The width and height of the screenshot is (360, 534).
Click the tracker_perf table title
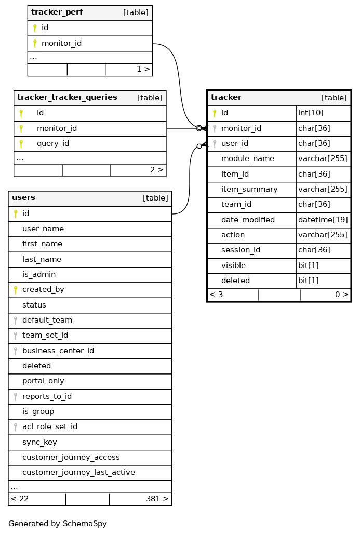point(57,12)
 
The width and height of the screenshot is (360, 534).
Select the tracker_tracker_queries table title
point(67,98)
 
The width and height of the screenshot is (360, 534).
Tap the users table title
point(23,198)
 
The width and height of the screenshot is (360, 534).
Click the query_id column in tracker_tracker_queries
point(52,144)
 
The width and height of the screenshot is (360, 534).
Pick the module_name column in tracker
point(247,159)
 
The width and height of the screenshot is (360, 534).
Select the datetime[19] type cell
point(323,220)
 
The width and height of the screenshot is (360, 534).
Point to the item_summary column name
point(249,190)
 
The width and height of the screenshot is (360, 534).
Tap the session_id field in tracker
point(241,250)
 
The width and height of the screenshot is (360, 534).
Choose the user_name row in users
point(43,229)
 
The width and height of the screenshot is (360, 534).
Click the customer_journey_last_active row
point(78,473)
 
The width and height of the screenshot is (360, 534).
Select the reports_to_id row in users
point(47,397)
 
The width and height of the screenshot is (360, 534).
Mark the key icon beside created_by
point(16,290)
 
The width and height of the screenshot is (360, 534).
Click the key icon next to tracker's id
point(215,113)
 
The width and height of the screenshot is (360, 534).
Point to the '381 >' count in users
point(157,499)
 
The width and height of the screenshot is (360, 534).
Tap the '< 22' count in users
point(20,499)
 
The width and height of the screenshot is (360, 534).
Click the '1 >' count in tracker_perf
point(143,69)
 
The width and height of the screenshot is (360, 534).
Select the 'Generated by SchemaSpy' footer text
point(58,524)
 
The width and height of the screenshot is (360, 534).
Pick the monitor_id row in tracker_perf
point(61,44)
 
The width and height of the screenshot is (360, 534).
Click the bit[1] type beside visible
point(308,266)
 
